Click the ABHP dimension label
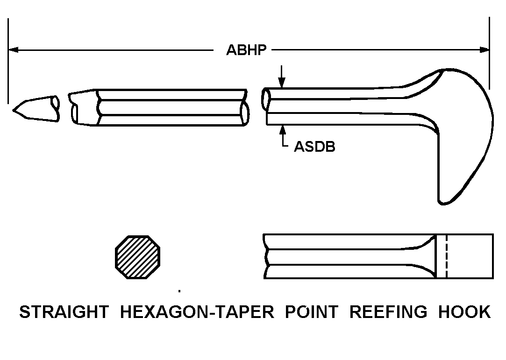246,50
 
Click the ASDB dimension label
314,147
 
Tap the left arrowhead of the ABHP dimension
13,49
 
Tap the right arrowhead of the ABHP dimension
484,49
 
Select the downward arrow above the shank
282,77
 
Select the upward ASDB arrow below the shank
283,136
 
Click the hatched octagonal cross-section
137,257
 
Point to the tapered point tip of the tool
13,110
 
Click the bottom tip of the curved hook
443,203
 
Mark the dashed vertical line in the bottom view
447,256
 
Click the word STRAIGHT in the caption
64,312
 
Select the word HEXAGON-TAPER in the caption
197,312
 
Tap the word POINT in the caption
312,312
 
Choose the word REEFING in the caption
389,312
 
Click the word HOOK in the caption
464,312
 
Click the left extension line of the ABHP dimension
8,61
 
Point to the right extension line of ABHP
490,53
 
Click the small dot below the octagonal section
179,291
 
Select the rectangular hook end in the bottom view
465,256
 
